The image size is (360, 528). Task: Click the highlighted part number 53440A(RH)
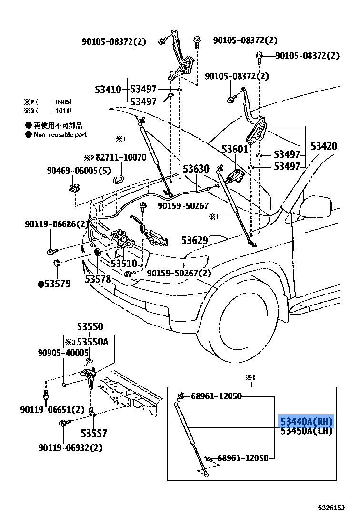tap(306, 422)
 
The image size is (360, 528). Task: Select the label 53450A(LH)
tap(306, 431)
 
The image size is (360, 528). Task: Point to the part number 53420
tap(324, 146)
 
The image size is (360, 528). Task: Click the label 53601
tap(235, 149)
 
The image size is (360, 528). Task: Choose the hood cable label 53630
tap(196, 169)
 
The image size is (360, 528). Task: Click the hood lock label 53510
tap(124, 264)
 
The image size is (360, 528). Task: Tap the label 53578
tap(98, 279)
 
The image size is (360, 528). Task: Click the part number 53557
tap(93, 433)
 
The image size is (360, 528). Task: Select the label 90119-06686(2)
tap(57, 224)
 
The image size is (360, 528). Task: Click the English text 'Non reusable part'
tap(60, 135)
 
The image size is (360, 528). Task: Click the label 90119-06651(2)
tap(52, 409)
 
